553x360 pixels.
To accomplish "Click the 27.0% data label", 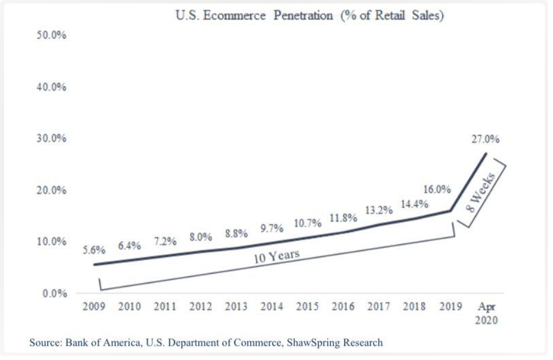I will (485, 139).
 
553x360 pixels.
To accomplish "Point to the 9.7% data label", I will (272, 228).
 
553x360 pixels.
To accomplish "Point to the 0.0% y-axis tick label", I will (54, 294).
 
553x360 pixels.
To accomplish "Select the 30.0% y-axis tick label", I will (51, 139).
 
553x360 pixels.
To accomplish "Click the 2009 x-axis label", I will (94, 307).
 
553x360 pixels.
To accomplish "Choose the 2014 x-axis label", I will (272, 307).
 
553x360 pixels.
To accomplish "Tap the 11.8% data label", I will (343, 218).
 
